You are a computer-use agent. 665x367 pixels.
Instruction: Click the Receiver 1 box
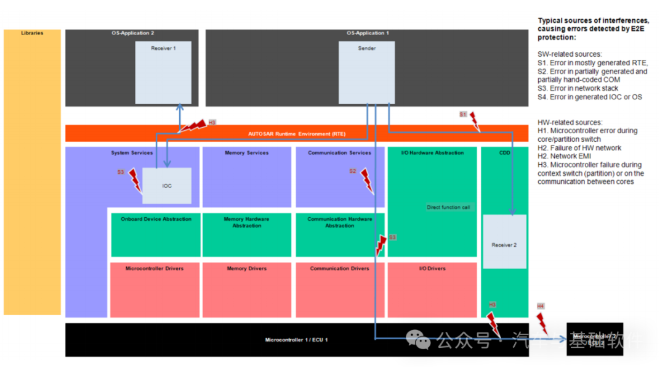coord(163,72)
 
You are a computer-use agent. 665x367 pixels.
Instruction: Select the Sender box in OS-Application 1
coord(367,72)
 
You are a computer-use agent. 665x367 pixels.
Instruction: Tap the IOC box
coord(167,186)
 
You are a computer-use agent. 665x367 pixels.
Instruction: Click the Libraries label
coord(32,33)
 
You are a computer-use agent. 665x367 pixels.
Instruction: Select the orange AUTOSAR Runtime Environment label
coord(297,133)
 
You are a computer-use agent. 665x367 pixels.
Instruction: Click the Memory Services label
coord(247,153)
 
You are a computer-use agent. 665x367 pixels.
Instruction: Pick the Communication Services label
coord(340,153)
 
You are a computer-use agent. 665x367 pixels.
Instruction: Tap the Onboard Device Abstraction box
coord(156,235)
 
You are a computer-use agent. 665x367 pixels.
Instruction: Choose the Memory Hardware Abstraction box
coord(247,235)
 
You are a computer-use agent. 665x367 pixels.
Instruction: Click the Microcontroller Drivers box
coord(155,290)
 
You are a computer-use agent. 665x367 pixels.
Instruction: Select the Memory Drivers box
coord(247,290)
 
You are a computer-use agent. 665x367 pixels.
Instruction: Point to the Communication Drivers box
coord(340,290)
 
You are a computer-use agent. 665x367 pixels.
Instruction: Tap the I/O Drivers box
coord(432,290)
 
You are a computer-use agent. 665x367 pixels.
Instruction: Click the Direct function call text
coord(448,207)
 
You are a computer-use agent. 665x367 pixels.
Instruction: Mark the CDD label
coord(504,153)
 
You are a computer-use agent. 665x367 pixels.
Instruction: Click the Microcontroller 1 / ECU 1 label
coord(297,340)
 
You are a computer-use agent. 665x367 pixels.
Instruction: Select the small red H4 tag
coord(540,306)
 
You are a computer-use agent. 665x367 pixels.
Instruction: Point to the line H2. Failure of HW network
coord(579,148)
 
